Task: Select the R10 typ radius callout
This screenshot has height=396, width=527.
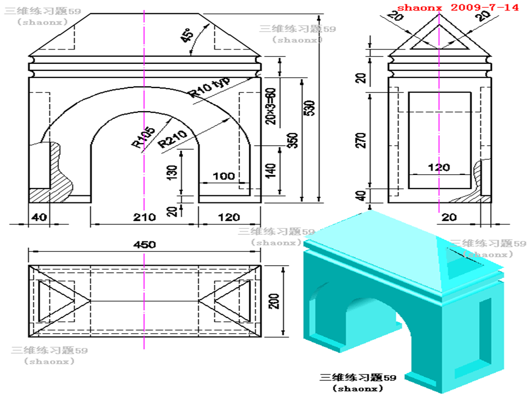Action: pyautogui.click(x=210, y=86)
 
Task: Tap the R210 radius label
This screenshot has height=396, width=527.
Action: pyautogui.click(x=172, y=140)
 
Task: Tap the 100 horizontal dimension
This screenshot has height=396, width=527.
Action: pyautogui.click(x=223, y=177)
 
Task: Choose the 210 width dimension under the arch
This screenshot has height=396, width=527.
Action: pyautogui.click(x=144, y=217)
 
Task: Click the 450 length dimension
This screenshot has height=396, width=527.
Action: pyautogui.click(x=144, y=245)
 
